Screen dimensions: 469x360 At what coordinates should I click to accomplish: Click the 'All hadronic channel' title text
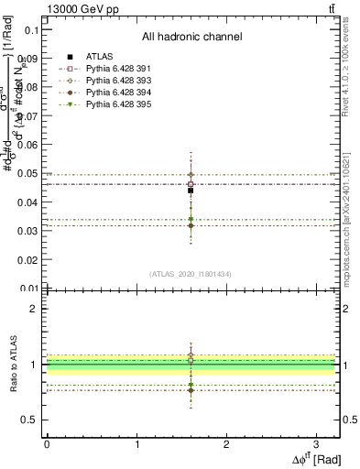pos(191,38)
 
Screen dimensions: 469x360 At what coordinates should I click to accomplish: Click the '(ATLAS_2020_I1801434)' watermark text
pos(191,274)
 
